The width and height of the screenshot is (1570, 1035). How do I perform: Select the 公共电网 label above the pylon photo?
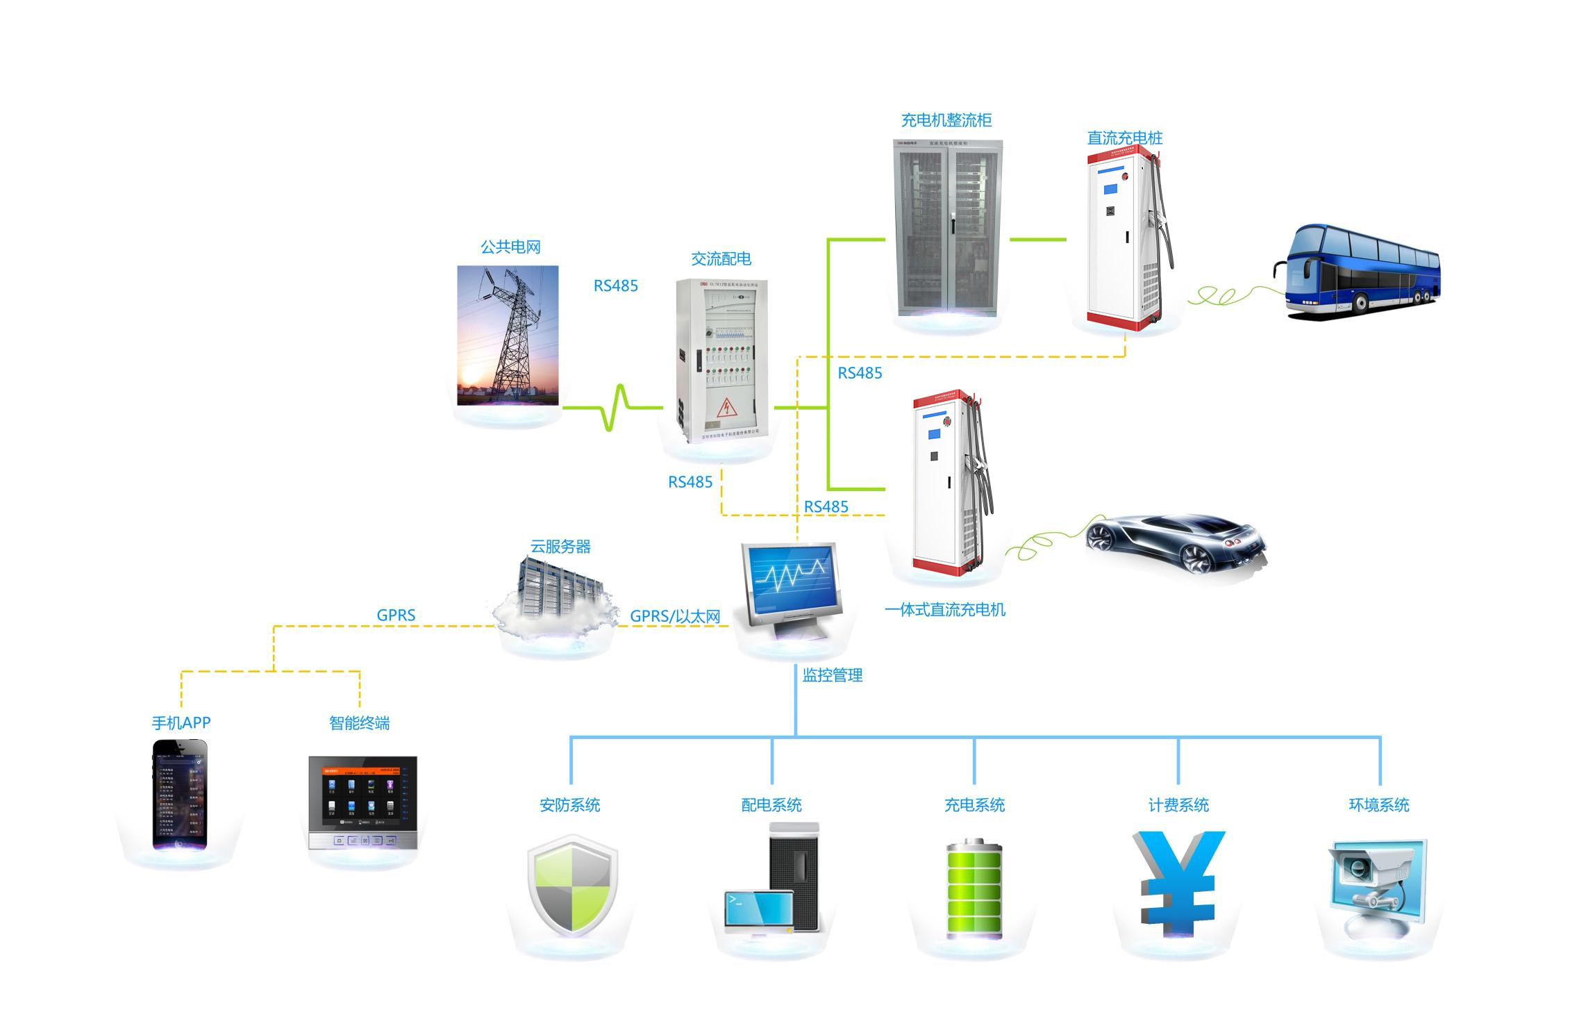(x=510, y=247)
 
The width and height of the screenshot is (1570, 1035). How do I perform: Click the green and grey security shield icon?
(x=572, y=886)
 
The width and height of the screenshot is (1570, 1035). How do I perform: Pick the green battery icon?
(x=974, y=889)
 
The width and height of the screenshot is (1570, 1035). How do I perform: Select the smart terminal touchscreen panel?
(x=362, y=802)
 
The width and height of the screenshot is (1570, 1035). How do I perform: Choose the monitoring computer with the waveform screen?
(x=792, y=587)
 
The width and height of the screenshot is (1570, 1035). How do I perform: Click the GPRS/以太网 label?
(x=674, y=616)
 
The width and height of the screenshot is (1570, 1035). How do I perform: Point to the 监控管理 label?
(x=832, y=675)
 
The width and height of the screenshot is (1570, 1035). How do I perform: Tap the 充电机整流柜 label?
(x=946, y=121)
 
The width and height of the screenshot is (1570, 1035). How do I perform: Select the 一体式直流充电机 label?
(x=944, y=610)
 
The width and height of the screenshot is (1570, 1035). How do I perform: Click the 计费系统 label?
(x=1178, y=805)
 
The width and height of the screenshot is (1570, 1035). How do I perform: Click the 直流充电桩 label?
(x=1124, y=138)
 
